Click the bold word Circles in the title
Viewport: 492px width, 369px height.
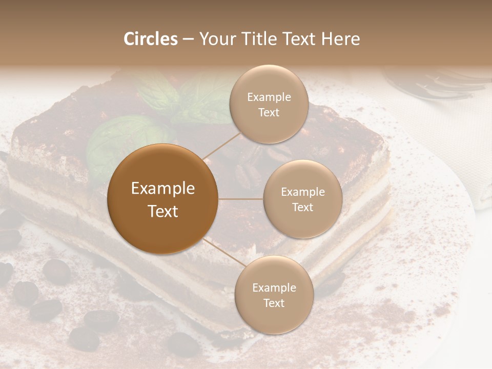coord(151,39)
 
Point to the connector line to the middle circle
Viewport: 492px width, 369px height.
coord(240,199)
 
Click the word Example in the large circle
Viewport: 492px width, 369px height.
coord(163,189)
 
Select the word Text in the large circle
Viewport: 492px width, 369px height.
coord(163,211)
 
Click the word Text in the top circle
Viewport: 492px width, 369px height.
coord(269,113)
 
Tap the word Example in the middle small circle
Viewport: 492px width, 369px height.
coord(303,192)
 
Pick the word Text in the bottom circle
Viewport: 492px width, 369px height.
coord(274,303)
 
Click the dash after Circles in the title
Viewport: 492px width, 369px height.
coord(188,39)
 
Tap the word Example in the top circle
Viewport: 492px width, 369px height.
coord(269,97)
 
